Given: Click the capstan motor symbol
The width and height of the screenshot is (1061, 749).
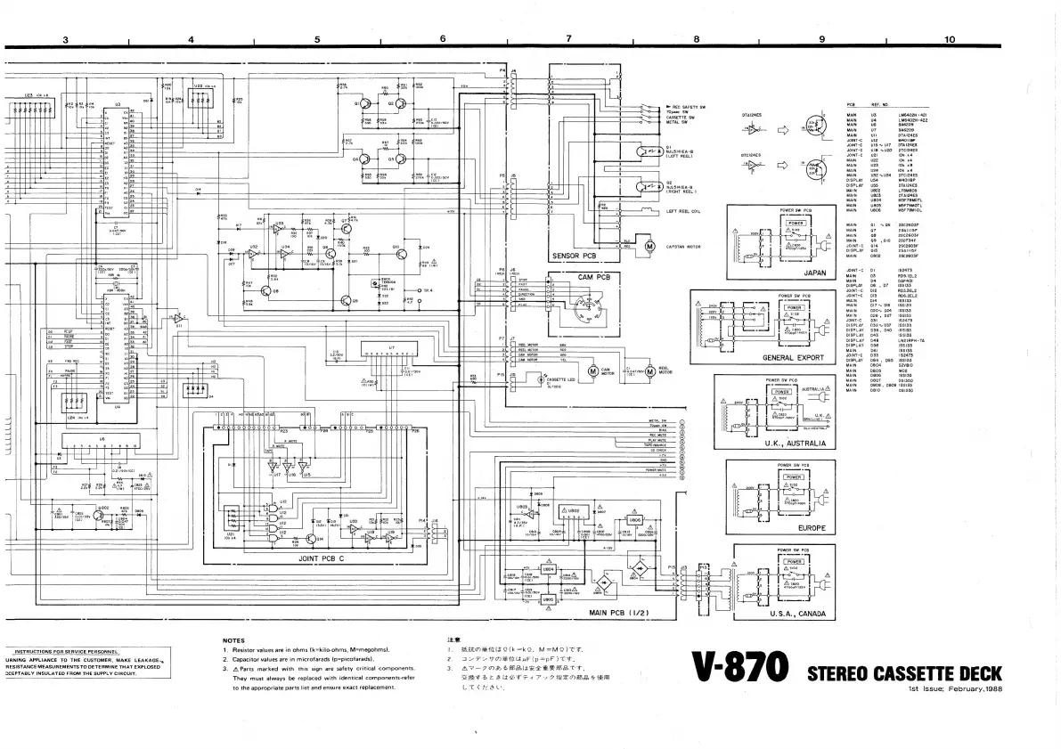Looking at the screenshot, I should click(x=649, y=246).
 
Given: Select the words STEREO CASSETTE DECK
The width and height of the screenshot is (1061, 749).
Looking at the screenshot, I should click(x=903, y=673).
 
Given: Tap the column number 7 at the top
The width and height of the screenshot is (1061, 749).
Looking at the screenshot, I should click(x=568, y=39).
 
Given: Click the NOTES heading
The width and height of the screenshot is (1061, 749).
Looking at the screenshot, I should click(x=233, y=639).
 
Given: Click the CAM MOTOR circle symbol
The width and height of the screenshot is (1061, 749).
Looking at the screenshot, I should click(x=592, y=370).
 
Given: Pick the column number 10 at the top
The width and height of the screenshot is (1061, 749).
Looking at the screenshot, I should click(x=950, y=39).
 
